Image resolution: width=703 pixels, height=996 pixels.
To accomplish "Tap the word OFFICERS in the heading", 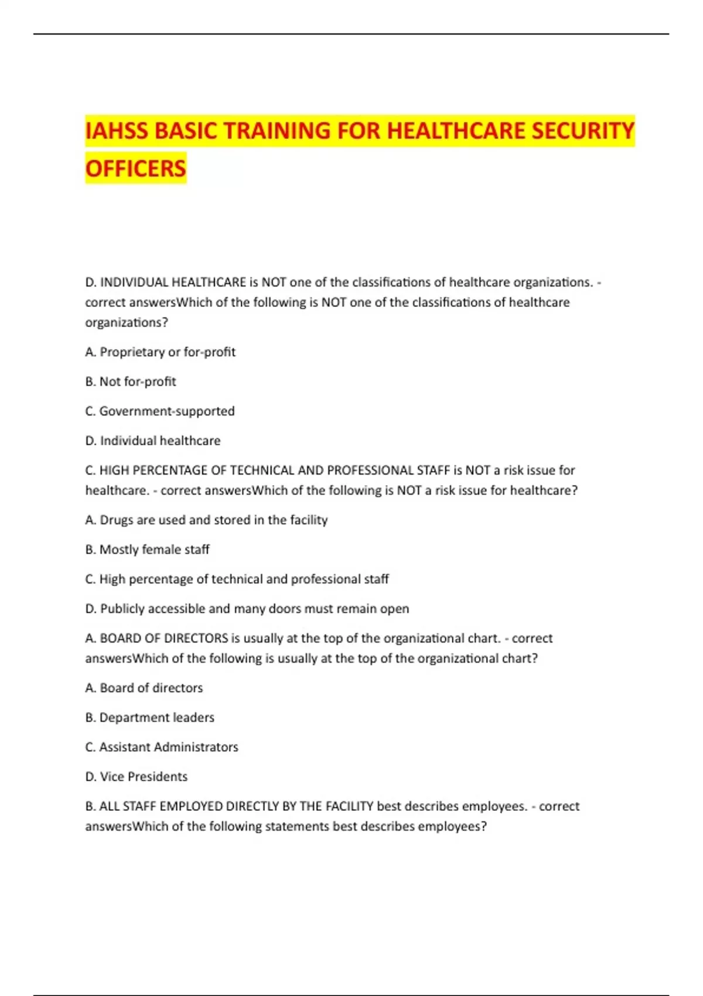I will [135, 169].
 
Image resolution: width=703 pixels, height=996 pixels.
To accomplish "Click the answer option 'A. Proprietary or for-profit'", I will [160, 352].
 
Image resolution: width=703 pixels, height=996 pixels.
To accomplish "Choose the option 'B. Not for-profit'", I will [131, 381].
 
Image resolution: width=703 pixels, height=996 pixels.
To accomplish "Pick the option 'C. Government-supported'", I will [160, 411].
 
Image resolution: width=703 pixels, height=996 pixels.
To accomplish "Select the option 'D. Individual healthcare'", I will [153, 441].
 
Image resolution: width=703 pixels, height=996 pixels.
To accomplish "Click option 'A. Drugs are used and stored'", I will [206, 520].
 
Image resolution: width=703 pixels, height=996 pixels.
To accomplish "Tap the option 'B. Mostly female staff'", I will [147, 550].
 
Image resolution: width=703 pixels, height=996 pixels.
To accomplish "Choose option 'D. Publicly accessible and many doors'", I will [247, 609].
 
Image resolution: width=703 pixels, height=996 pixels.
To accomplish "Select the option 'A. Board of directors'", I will [144, 688].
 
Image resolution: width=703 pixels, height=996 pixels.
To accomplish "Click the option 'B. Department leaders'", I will [150, 718].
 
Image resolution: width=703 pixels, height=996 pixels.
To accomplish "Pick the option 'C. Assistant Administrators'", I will [162, 747].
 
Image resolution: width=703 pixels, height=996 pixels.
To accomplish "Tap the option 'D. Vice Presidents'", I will [136, 777].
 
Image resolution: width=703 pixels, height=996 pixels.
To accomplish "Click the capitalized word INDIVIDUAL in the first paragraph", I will [134, 282].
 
